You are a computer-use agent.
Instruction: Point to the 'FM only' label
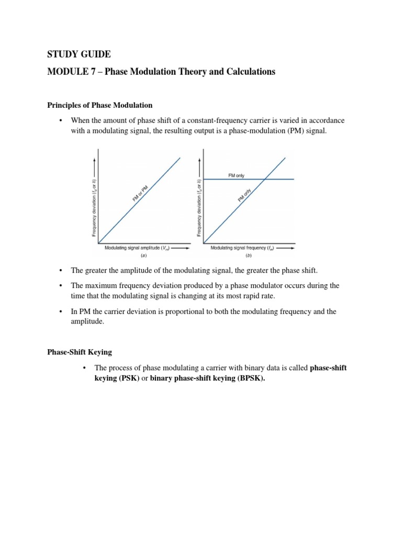click(236, 176)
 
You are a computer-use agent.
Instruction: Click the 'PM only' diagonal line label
click(244, 195)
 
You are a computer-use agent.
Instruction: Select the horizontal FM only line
click(277, 180)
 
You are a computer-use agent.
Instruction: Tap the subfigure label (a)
click(144, 256)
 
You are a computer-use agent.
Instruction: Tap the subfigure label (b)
click(248, 256)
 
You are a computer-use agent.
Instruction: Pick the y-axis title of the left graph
click(94, 207)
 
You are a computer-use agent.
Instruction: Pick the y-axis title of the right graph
click(199, 207)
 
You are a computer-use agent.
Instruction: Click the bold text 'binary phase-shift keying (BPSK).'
click(208, 378)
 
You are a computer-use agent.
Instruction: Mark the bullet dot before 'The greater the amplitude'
click(61, 270)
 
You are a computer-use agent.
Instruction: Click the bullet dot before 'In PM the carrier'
click(61, 311)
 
